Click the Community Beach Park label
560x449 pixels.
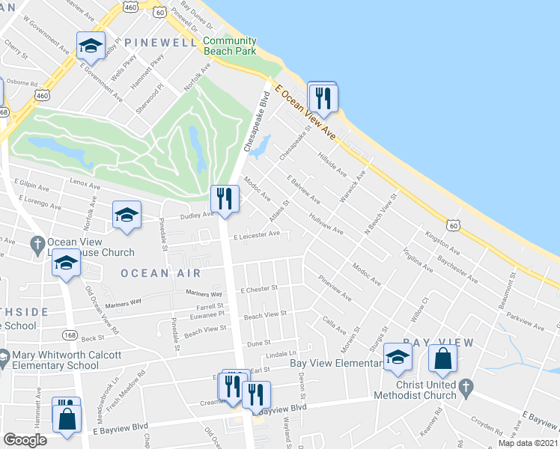tap(230, 46)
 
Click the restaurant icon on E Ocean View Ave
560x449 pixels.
tap(323, 97)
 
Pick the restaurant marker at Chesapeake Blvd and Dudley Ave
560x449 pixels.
tap(224, 199)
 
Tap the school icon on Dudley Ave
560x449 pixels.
tap(127, 215)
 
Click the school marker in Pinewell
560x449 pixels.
tap(90, 47)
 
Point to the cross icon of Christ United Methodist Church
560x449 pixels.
tap(466, 387)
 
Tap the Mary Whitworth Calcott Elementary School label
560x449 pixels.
tap(55, 360)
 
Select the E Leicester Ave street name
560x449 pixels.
tap(256, 235)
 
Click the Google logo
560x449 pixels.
tap(25, 440)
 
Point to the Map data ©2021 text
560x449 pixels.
tap(527, 443)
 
